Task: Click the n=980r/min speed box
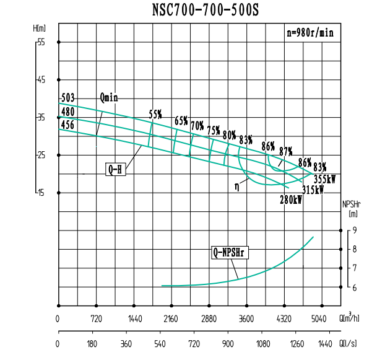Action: tap(309, 33)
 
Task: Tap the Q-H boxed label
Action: tap(116, 168)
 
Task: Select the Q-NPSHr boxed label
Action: tap(230, 252)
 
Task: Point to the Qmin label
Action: tap(108, 97)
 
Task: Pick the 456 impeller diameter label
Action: tap(67, 125)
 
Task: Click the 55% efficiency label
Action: tap(155, 114)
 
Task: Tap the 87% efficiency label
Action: tap(286, 151)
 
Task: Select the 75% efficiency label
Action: tap(214, 130)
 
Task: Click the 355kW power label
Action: tap(324, 179)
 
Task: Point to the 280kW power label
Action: tap(291, 200)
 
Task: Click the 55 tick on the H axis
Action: tap(41, 42)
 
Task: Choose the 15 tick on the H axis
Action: tap(41, 193)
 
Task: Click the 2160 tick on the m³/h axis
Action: tap(171, 320)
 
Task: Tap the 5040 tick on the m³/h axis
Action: tap(318, 320)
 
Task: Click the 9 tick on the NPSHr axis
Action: tap(354, 230)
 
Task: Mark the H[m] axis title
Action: tap(40, 29)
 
